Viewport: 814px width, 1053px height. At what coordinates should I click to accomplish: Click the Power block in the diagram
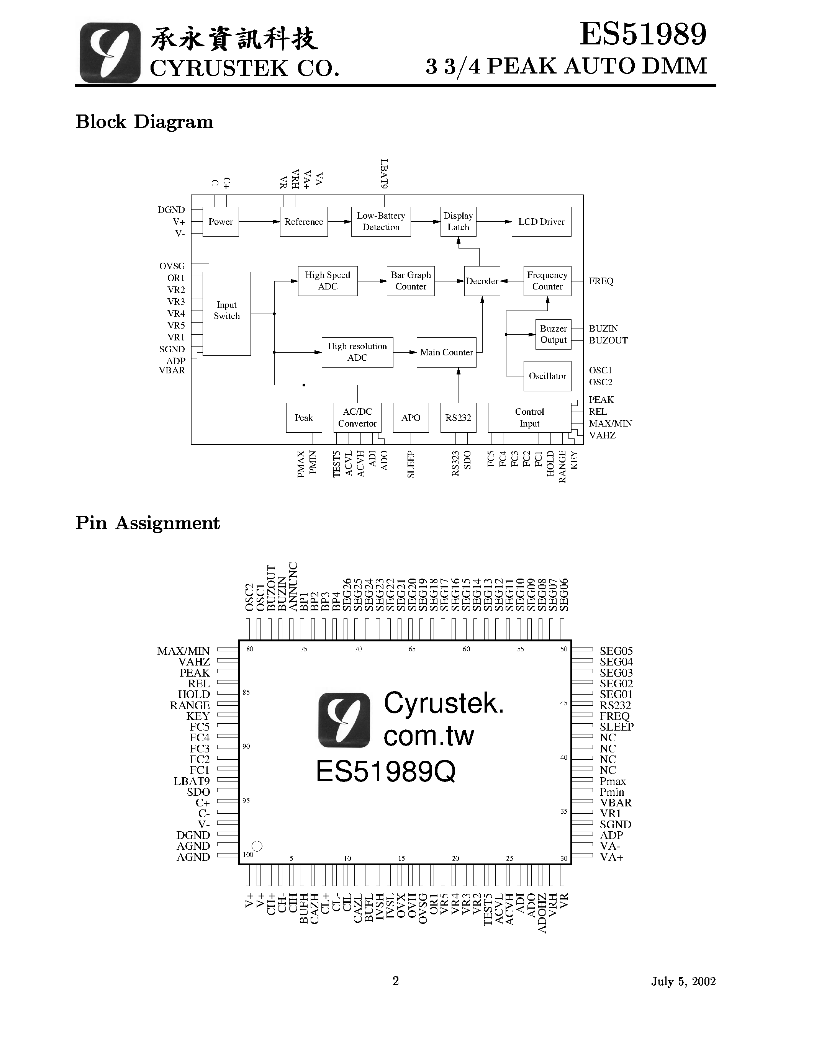click(x=220, y=222)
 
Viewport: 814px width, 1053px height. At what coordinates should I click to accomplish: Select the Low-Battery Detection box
click(x=380, y=222)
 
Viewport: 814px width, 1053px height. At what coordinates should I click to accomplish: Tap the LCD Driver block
click(x=541, y=222)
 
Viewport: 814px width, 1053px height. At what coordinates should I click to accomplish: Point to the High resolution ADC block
click(x=357, y=352)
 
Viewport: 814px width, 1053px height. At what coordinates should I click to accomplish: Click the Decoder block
click(x=482, y=281)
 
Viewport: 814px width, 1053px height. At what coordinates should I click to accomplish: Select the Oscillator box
click(x=547, y=376)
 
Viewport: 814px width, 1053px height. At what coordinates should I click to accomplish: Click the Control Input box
click(x=529, y=417)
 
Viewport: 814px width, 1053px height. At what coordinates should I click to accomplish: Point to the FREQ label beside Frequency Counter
click(x=601, y=281)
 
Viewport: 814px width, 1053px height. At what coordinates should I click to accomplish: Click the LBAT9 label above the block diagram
click(x=384, y=173)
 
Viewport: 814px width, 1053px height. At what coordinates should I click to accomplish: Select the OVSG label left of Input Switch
click(x=172, y=266)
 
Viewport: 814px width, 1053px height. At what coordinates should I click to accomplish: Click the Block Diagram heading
click(x=144, y=121)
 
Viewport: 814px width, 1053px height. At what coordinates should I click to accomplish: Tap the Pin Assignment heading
click(x=147, y=523)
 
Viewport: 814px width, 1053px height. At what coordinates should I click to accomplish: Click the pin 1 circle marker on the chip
click(x=257, y=846)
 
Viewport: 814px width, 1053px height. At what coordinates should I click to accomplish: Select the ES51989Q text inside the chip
click(x=385, y=772)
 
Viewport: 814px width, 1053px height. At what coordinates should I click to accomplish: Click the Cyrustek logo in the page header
click(x=110, y=53)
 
